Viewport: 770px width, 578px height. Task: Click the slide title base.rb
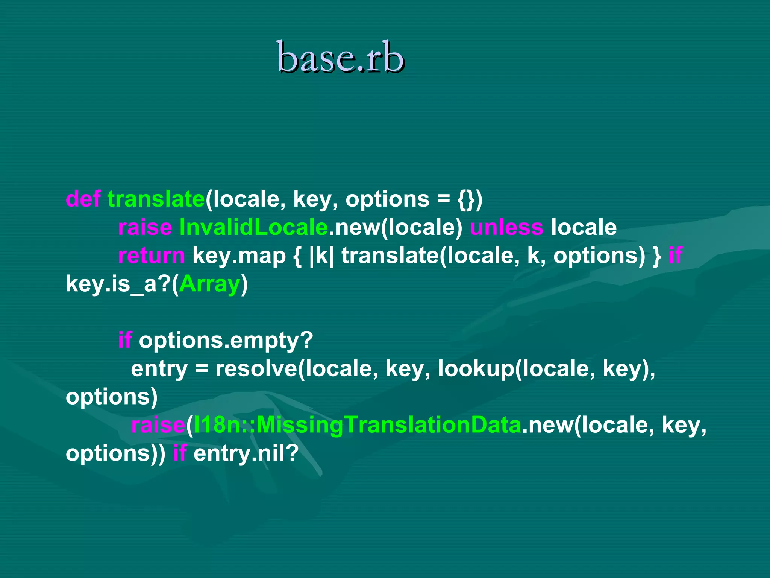tap(340, 57)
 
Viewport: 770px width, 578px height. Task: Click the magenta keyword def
tap(83, 199)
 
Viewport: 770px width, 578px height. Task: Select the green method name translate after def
tap(156, 199)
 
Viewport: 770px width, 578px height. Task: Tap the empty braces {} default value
tap(466, 199)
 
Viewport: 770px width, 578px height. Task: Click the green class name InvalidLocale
tap(253, 227)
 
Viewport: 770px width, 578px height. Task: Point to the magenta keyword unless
tap(506, 227)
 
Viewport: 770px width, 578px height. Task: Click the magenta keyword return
tap(151, 256)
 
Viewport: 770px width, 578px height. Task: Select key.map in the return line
tap(239, 256)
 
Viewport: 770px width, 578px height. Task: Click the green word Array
tap(209, 284)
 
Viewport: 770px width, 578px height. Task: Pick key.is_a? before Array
tap(118, 284)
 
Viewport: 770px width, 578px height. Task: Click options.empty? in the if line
tap(226, 340)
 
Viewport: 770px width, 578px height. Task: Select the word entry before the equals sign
tap(159, 368)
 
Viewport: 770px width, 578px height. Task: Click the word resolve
tap(256, 368)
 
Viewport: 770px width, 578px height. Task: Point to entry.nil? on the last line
tap(246, 453)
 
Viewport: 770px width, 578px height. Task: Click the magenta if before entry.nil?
tap(180, 453)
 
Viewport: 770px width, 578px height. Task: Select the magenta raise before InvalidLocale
tap(145, 227)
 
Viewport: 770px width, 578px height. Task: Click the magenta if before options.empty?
tap(125, 340)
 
